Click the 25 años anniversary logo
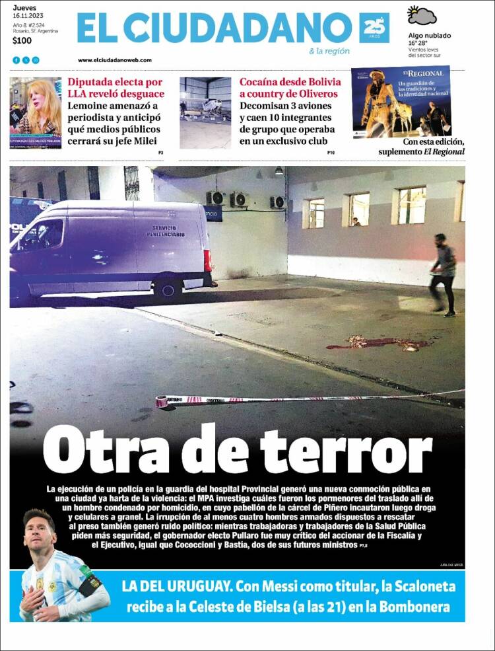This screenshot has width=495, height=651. point(374,28)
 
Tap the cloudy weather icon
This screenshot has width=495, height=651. point(422,15)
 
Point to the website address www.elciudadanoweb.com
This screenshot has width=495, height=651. point(115,60)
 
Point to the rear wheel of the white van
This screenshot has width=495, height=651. point(168,288)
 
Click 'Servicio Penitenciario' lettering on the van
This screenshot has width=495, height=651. point(166,231)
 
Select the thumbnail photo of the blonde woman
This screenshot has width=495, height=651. point(36,113)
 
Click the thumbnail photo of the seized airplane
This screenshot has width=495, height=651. point(205,113)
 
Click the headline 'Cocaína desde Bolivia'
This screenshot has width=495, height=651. point(290,88)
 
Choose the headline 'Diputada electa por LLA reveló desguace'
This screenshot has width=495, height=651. point(115,88)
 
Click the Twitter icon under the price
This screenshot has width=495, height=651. point(26,60)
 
